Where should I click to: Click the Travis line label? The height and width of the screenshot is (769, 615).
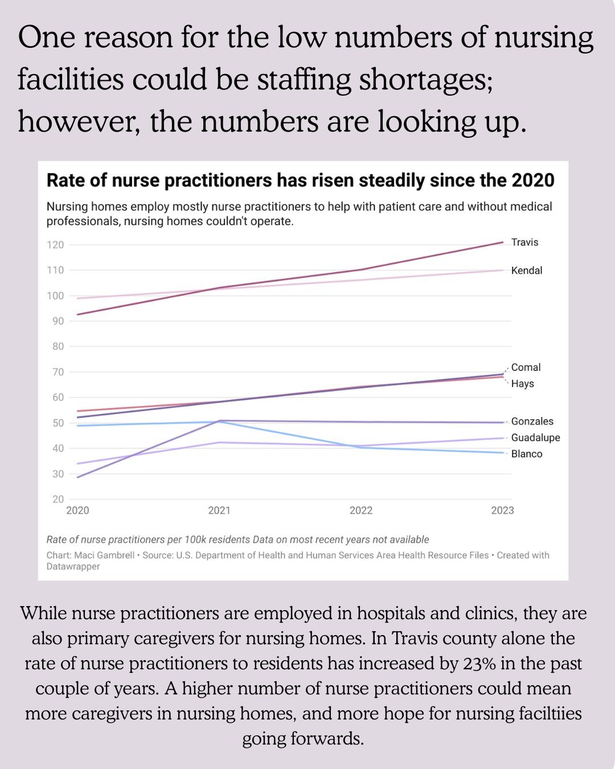524,242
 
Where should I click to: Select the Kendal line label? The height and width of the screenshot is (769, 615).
526,271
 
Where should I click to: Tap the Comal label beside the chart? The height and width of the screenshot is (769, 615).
526,367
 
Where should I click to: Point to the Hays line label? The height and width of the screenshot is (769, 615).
522,384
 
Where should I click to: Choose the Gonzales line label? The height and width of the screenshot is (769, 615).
532,422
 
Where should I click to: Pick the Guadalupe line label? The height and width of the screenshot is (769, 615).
535,437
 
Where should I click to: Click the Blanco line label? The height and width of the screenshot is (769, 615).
526,454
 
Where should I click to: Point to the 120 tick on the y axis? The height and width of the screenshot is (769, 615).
55,245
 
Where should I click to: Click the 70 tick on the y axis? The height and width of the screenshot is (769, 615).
58,372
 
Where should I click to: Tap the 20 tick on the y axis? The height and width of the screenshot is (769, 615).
58,499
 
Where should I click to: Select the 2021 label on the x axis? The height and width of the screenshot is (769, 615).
219,510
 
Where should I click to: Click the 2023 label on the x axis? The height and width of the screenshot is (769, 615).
502,510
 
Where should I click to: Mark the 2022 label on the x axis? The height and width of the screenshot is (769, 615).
361,510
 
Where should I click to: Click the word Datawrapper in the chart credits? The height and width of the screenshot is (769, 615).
73,566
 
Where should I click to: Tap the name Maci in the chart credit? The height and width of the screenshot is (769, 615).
84,555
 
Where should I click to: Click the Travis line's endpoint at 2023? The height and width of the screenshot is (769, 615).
503,242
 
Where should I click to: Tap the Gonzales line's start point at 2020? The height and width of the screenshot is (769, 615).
77,477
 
